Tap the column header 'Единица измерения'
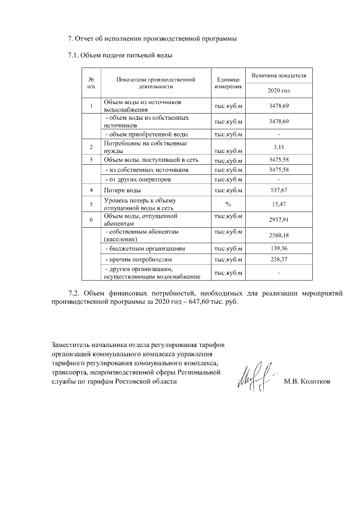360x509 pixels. [x=228, y=83]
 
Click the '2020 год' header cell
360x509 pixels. [x=278, y=91]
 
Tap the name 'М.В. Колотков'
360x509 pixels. [x=307, y=382]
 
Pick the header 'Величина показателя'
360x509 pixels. [x=278, y=75]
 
